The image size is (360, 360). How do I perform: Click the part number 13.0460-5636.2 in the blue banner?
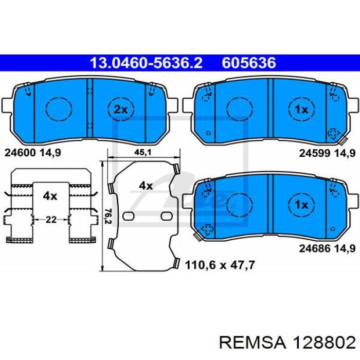tap(146, 63)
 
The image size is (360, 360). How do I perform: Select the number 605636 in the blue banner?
tap(248, 63)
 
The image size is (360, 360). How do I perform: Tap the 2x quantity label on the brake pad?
tap(120, 110)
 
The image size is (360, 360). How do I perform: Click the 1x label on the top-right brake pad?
tap(301, 110)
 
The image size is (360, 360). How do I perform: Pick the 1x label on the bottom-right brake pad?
tap(301, 205)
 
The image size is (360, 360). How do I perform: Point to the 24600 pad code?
tap(20, 153)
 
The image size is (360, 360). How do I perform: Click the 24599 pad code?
tap(315, 153)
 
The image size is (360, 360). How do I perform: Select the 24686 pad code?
tap(315, 248)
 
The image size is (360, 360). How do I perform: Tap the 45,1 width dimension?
tap(143, 152)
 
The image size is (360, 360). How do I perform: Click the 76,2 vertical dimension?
tap(108, 217)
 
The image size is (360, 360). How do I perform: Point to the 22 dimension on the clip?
tap(51, 220)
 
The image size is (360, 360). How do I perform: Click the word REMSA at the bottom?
tap(253, 343)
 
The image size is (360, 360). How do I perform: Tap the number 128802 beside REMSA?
tap(324, 343)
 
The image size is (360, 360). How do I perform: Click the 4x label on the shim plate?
tap(146, 186)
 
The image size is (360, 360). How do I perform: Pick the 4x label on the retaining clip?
tap(50, 196)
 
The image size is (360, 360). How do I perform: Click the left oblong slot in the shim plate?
tap(129, 216)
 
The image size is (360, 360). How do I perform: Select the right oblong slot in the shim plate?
tap(167, 216)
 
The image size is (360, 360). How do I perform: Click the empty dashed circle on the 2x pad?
tap(59, 109)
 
